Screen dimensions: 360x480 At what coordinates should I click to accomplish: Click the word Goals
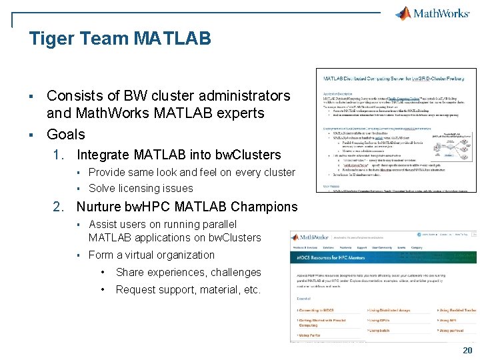[x=66, y=134]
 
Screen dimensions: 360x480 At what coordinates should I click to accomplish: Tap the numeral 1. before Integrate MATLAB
[x=59, y=155]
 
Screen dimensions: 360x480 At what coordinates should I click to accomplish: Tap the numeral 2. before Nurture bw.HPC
[x=59, y=207]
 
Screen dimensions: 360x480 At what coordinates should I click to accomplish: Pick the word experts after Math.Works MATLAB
[x=241, y=113]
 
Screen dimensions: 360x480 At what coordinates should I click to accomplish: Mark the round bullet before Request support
[x=103, y=290]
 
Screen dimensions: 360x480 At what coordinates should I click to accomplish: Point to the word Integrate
[x=103, y=155]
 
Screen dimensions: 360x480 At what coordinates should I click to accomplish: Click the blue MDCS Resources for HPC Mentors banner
[x=383, y=257]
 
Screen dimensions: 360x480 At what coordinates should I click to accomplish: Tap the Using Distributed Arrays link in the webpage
[x=389, y=310]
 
